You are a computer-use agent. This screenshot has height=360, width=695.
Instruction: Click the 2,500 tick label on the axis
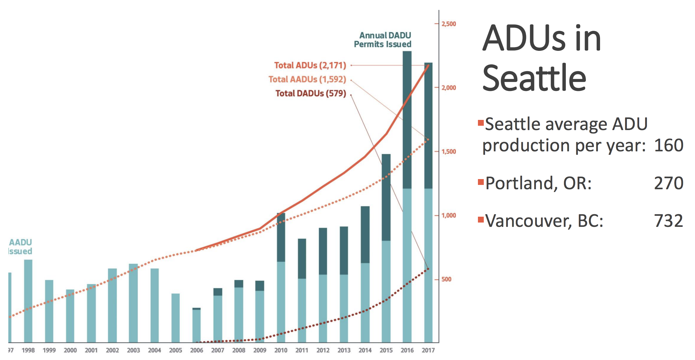pyautogui.click(x=449, y=24)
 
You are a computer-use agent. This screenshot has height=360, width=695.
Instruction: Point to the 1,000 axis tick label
pyautogui.click(x=449, y=215)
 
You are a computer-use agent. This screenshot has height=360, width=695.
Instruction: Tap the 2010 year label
pyautogui.click(x=281, y=350)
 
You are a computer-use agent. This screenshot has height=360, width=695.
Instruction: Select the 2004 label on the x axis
pyautogui.click(x=154, y=350)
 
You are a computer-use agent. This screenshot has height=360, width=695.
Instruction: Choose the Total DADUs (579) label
pyautogui.click(x=310, y=93)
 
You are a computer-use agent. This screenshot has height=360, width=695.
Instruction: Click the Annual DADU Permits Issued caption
pyautogui.click(x=383, y=40)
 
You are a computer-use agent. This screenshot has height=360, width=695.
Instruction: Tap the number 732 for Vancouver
pyautogui.click(x=668, y=221)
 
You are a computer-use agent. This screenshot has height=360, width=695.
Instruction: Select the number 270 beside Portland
pyautogui.click(x=668, y=183)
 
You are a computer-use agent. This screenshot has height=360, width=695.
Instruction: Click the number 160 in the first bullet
pyautogui.click(x=668, y=145)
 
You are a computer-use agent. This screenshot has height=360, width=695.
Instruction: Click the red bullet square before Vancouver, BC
pyautogui.click(x=481, y=220)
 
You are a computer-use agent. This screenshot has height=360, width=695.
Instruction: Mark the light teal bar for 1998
pyautogui.click(x=28, y=301)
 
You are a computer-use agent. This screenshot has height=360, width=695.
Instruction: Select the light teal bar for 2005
pyautogui.click(x=176, y=317)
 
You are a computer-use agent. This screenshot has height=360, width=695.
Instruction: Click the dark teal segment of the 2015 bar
pyautogui.click(x=386, y=197)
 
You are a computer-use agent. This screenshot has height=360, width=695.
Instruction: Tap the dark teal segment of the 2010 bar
pyautogui.click(x=281, y=237)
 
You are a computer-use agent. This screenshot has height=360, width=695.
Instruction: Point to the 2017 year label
pyautogui.click(x=428, y=350)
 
